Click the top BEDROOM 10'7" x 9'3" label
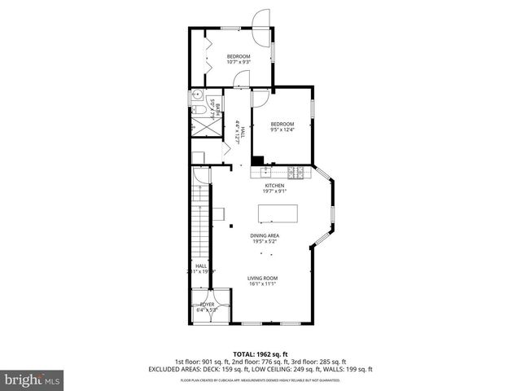[239, 59]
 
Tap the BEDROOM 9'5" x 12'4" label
[282, 126]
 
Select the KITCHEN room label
[274, 189]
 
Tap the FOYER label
[208, 307]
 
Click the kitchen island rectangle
[278, 213]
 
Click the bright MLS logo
[33, 380]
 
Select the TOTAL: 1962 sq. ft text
[260, 354]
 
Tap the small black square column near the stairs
[231, 225]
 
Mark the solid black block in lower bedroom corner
[257, 160]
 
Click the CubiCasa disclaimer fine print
[260, 380]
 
